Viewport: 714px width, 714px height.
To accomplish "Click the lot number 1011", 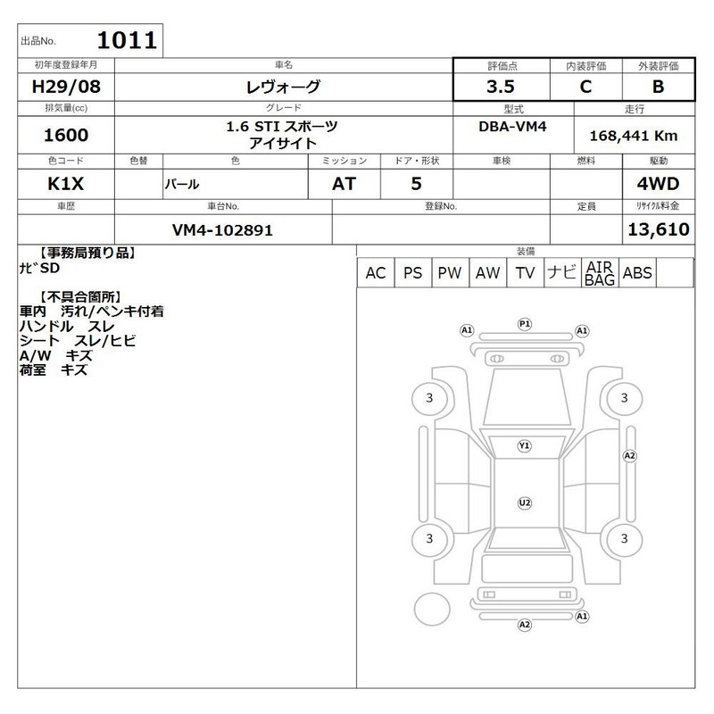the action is [127, 40].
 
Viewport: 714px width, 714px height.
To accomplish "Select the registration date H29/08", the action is [66, 87].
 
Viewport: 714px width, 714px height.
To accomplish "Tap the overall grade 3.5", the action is [501, 87].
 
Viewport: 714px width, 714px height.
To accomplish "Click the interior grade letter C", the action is [585, 87].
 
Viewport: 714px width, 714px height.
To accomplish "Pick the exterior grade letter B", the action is [658, 87].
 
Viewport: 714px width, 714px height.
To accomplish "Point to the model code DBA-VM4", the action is [512, 127].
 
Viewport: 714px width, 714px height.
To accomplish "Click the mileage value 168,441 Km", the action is [634, 136].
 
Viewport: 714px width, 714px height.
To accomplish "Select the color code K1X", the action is [65, 184].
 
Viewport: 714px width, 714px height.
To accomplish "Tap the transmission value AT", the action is [344, 184].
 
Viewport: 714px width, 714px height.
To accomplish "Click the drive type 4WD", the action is [658, 184].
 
